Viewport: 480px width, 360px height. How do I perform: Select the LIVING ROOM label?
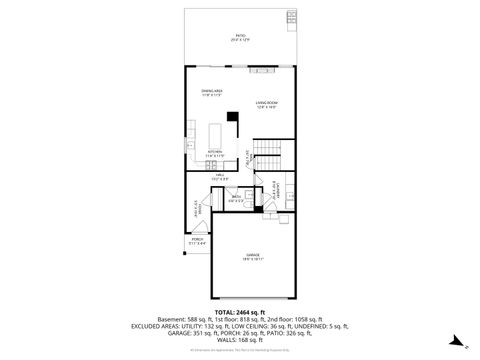click(x=266, y=103)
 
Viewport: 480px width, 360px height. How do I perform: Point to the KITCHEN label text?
click(x=214, y=151)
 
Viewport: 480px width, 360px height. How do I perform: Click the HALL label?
click(x=219, y=174)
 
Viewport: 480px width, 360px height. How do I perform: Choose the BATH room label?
click(x=236, y=196)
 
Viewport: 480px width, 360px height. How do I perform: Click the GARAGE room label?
click(x=253, y=257)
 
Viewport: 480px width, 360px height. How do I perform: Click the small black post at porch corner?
click(x=187, y=255)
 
